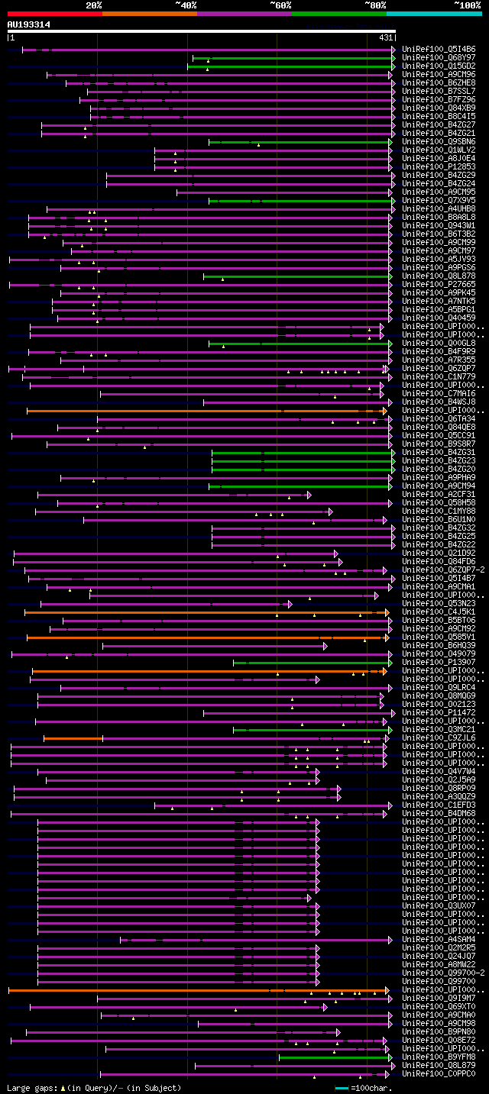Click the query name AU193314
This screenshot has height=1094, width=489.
click(29, 24)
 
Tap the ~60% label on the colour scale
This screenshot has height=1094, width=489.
click(280, 5)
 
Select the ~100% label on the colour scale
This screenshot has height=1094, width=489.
click(468, 5)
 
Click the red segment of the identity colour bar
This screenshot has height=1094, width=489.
click(54, 14)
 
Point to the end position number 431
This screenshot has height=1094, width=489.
click(385, 37)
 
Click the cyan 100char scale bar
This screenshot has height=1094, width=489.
click(342, 1088)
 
